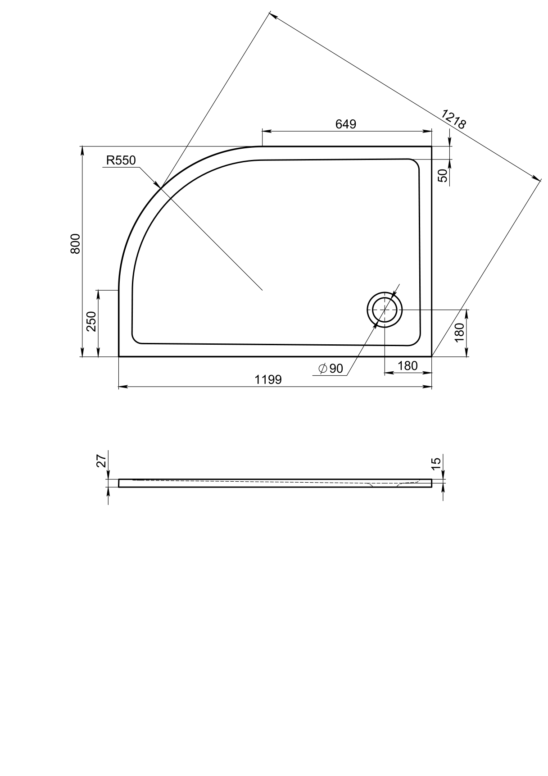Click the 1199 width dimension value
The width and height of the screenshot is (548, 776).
268,380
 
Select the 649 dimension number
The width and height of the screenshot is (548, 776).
346,124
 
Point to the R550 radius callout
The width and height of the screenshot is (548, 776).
121,160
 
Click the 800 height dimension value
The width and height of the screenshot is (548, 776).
75,244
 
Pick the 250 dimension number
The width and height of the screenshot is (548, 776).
91,322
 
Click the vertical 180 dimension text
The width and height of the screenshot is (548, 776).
459,333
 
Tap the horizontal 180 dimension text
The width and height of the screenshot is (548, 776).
408,366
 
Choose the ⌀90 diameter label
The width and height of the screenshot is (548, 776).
331,369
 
